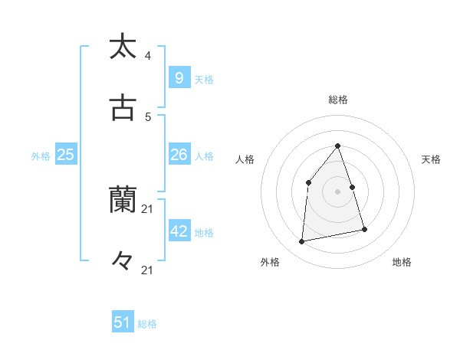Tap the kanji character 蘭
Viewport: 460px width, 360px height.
coord(123,200)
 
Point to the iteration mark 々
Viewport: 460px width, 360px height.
coord(123,261)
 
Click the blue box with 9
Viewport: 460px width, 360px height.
coord(179,77)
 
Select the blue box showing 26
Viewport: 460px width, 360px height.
coord(179,155)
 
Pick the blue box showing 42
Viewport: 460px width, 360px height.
coord(179,231)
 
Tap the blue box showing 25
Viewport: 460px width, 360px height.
coord(65,155)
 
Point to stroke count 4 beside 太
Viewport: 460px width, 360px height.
coord(148,56)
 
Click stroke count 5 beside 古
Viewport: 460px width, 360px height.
coord(148,117)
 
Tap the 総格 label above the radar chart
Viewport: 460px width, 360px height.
coord(337,100)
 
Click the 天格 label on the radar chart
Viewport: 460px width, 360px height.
coord(432,159)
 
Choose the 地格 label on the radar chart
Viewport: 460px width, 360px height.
coord(402,262)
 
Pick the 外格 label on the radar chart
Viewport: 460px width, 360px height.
coord(270,262)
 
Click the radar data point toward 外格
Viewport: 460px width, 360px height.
coord(302,242)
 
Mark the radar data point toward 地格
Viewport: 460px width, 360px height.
coord(365,229)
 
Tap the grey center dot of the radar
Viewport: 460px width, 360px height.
coord(337,191)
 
